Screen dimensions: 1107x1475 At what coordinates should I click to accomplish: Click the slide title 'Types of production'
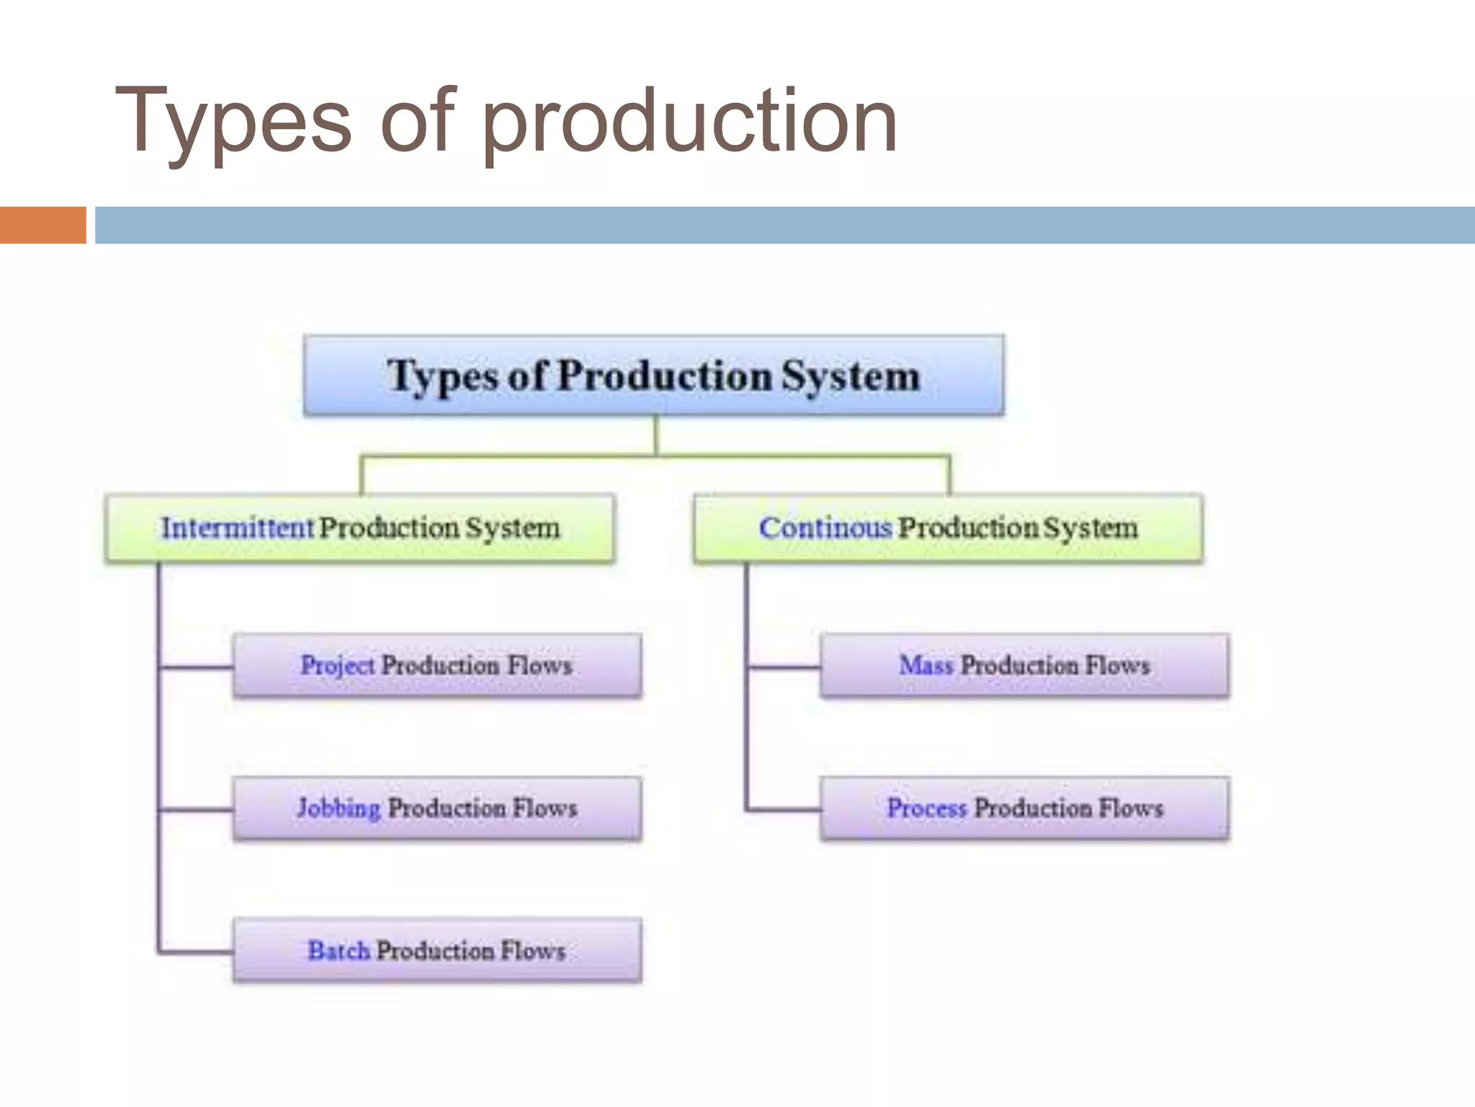pos(506,120)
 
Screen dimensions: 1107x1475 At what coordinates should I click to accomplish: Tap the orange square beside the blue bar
pos(42,225)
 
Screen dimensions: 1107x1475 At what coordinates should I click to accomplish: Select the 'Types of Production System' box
pos(653,375)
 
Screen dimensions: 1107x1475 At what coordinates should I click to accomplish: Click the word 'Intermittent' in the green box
pos(237,528)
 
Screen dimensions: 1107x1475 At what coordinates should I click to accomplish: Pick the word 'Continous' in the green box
pos(825,528)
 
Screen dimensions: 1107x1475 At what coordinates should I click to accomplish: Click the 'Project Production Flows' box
pos(437,665)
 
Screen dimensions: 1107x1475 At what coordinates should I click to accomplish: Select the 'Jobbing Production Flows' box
pos(437,808)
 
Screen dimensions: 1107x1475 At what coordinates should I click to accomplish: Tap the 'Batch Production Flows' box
pos(437,951)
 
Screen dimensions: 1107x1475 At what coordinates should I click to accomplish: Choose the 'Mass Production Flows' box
pos(1024,665)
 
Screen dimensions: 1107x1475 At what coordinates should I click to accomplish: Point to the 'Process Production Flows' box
pos(1024,808)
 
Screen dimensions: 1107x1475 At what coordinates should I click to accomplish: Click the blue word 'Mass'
pos(926,665)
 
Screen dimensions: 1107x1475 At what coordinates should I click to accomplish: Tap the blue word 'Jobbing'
pos(339,808)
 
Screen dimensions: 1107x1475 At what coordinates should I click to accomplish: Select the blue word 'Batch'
pos(339,951)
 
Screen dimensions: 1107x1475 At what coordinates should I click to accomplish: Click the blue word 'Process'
pos(926,808)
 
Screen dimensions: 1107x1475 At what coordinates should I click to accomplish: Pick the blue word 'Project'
pos(337,665)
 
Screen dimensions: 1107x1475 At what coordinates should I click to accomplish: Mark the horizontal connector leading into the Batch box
pos(196,953)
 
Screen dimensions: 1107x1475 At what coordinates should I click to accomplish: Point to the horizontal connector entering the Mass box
pos(784,667)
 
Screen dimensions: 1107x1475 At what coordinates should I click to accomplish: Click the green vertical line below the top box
pos(655,435)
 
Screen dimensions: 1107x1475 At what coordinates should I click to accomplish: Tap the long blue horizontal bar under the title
pos(785,225)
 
